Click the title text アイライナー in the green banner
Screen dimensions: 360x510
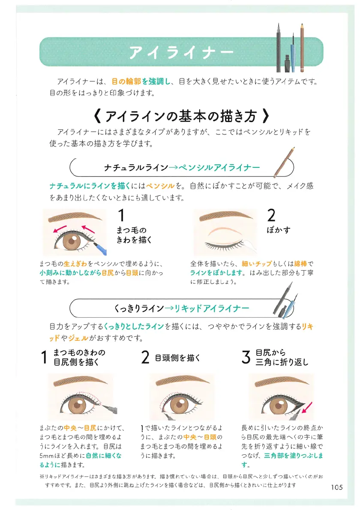tap(181, 52)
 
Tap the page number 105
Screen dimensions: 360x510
tap(337, 487)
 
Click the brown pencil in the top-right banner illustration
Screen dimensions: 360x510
tap(302, 48)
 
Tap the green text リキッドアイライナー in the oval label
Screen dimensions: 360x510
tap(212, 308)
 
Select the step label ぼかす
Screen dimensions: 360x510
tap(278, 230)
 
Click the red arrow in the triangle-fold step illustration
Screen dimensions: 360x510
tap(307, 408)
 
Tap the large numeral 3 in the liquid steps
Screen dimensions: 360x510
tap(246, 357)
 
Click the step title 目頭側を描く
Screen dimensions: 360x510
tap(177, 358)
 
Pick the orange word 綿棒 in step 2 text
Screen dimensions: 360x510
tap(300, 263)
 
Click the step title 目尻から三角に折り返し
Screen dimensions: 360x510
tap(282, 357)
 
